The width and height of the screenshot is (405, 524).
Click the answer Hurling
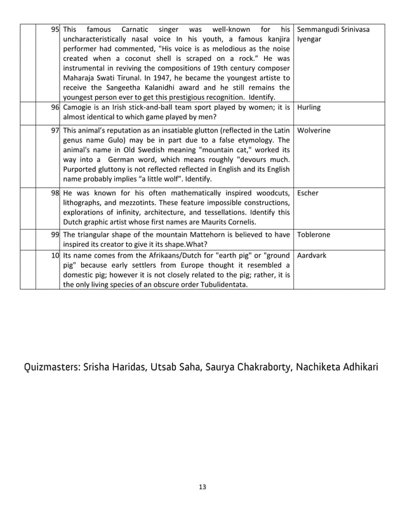(309, 108)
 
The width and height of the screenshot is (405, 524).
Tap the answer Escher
(307, 192)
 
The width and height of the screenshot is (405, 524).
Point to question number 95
(55, 29)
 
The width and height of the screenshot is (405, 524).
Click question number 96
(55, 108)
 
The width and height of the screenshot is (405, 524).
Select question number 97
(55, 130)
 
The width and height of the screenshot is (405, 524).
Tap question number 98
(55, 192)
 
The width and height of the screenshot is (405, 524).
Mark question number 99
(55, 235)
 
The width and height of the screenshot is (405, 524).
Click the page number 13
(202, 487)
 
